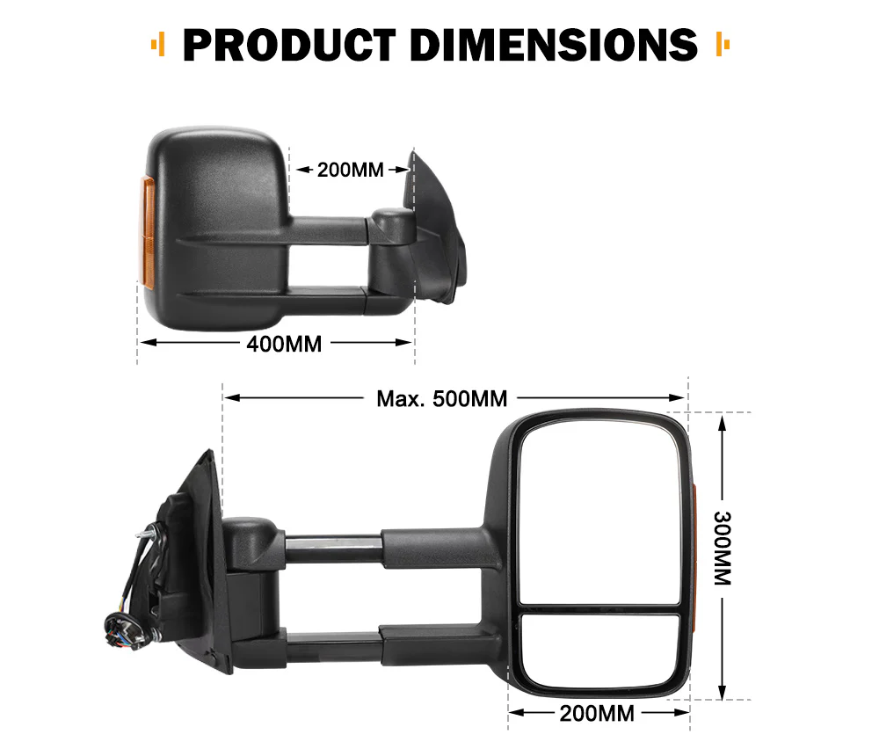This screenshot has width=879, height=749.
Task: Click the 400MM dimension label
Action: click(284, 344)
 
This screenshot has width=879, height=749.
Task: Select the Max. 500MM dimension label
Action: click(442, 398)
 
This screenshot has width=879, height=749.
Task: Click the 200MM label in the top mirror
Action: click(350, 170)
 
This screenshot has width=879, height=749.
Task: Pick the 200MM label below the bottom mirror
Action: click(597, 713)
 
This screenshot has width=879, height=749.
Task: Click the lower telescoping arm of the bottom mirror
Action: click(334, 649)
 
